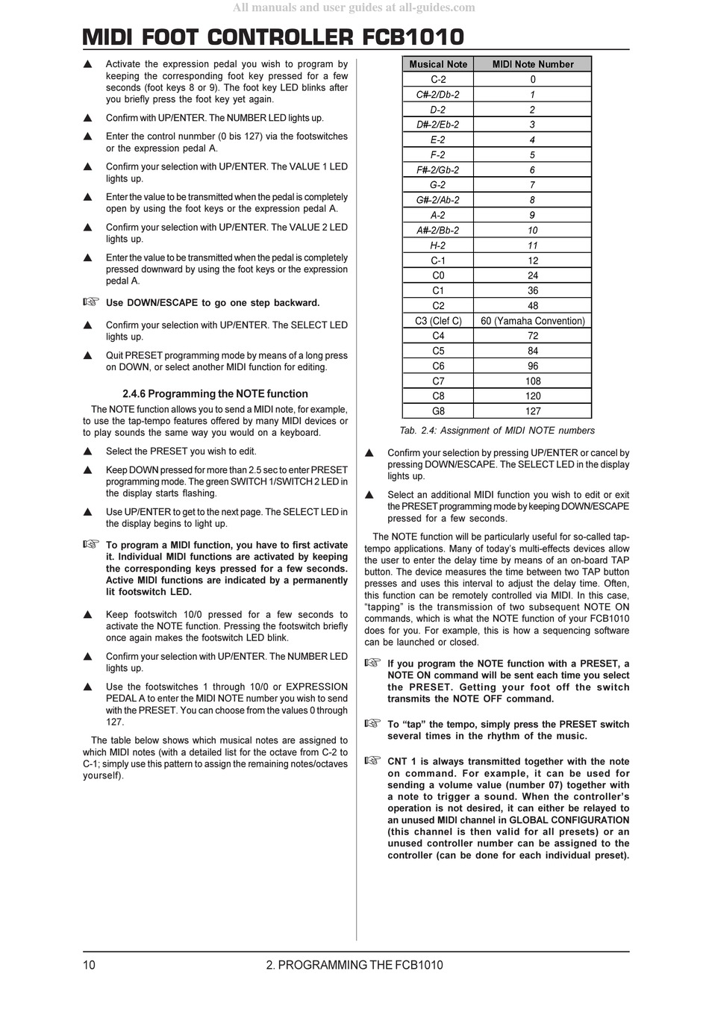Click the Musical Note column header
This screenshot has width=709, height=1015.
pyautogui.click(x=438, y=64)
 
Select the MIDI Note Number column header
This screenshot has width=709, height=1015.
pyautogui.click(x=533, y=64)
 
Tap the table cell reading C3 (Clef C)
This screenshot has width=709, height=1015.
pyautogui.click(x=438, y=321)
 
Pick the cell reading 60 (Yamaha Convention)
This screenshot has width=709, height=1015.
pyautogui.click(x=533, y=321)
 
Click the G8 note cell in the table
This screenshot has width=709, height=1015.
pyautogui.click(x=438, y=411)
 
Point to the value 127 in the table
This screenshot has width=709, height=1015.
pyautogui.click(x=533, y=411)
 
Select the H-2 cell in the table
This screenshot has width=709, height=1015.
pyautogui.click(x=438, y=246)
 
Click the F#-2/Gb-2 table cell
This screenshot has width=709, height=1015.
pyautogui.click(x=438, y=170)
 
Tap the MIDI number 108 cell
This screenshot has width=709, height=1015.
pyautogui.click(x=533, y=381)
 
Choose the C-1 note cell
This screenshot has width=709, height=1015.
pyautogui.click(x=438, y=260)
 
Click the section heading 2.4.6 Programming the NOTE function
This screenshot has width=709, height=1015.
pyautogui.click(x=215, y=394)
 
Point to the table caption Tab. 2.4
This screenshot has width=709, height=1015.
pyautogui.click(x=497, y=431)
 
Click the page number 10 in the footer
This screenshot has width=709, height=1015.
pyautogui.click(x=89, y=965)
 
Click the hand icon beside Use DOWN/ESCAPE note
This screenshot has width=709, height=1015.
pyautogui.click(x=90, y=302)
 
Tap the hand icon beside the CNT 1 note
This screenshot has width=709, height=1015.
pyautogui.click(x=372, y=761)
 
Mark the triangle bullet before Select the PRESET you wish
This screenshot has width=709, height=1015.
pyautogui.click(x=87, y=452)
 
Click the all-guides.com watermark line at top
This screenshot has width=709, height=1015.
pyautogui.click(x=354, y=7)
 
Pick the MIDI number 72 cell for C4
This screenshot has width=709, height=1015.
pyautogui.click(x=533, y=336)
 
